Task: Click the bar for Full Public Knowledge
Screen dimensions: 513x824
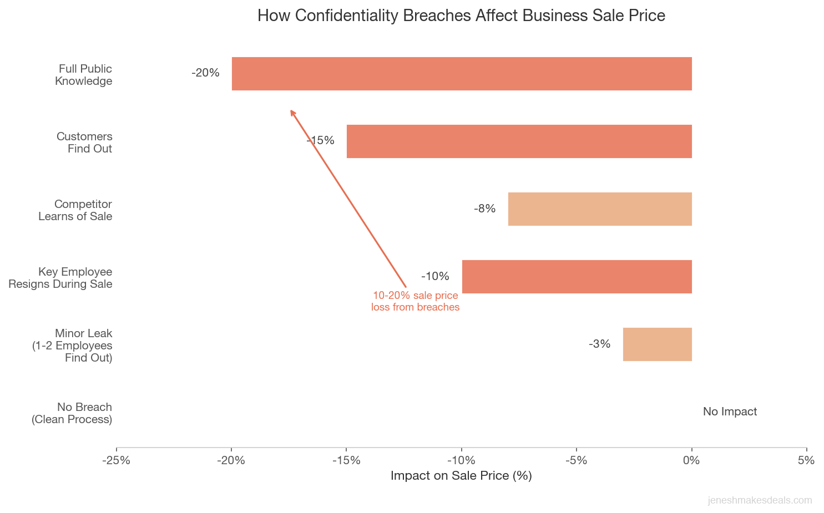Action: point(461,74)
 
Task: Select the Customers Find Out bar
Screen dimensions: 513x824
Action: point(519,141)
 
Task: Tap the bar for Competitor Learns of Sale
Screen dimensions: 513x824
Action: point(599,209)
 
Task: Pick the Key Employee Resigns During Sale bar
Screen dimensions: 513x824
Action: point(577,277)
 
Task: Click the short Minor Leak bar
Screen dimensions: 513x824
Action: point(657,344)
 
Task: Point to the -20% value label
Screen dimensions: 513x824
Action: point(205,73)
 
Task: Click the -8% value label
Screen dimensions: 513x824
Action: point(484,209)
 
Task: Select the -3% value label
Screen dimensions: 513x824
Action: point(599,344)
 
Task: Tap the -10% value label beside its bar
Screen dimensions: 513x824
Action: point(435,276)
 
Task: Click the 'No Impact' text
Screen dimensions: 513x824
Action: point(730,412)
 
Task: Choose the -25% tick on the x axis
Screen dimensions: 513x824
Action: point(117,460)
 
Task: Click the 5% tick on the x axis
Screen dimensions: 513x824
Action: point(806,460)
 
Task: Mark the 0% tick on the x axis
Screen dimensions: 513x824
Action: point(691,460)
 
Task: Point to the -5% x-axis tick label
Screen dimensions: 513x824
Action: point(577,460)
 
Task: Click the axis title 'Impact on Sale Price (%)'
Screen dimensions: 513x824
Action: point(461,476)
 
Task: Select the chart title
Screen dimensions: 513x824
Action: point(461,16)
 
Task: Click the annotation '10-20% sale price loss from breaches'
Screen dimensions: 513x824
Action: point(415,301)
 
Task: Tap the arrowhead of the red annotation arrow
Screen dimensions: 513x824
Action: point(292,112)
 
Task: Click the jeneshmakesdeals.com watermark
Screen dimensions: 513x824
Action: point(760,500)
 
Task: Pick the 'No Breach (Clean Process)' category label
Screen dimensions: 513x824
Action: point(72,413)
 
